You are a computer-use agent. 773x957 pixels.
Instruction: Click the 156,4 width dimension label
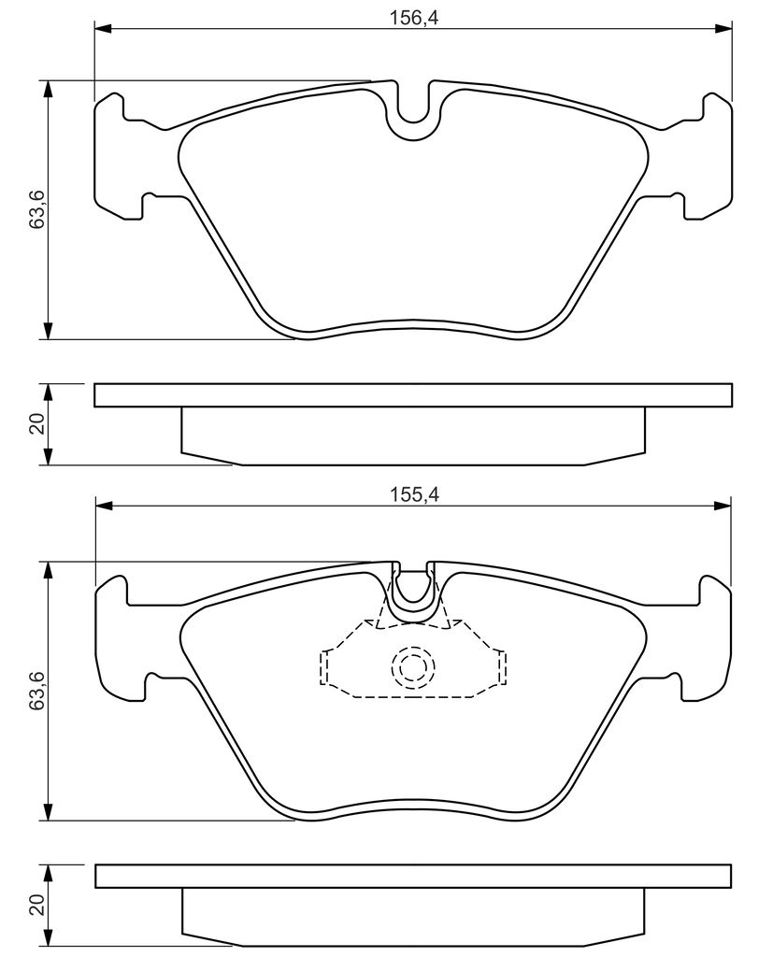click(x=412, y=16)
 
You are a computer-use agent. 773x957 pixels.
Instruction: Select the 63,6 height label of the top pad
click(x=35, y=210)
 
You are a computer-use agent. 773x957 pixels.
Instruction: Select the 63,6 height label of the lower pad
click(x=35, y=692)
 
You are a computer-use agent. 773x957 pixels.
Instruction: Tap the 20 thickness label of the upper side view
click(x=35, y=424)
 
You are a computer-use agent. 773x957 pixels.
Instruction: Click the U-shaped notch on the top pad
click(x=413, y=117)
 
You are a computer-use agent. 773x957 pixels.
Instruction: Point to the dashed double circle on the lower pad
click(x=413, y=666)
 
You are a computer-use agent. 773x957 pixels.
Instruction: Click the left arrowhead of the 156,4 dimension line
click(x=103, y=30)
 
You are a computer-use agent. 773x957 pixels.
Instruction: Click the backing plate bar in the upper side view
click(x=412, y=394)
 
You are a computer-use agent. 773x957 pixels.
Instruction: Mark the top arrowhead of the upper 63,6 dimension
click(x=48, y=88)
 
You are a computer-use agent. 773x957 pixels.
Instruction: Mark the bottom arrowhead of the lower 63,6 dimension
click(x=48, y=812)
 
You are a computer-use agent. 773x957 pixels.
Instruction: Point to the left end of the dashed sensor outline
click(x=323, y=667)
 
